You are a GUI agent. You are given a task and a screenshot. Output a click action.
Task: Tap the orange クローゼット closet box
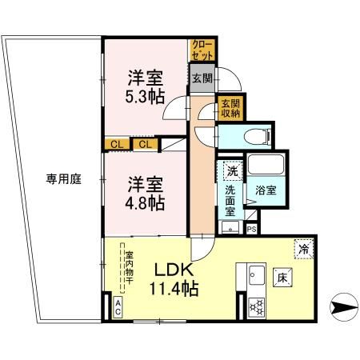[200, 51]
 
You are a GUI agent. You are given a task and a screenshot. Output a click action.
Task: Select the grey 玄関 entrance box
[202, 79]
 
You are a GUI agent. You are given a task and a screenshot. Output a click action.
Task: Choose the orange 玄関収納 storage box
[230, 108]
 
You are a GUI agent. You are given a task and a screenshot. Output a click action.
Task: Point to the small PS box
[251, 230]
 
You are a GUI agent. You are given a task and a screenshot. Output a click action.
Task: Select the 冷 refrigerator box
[303, 247]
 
